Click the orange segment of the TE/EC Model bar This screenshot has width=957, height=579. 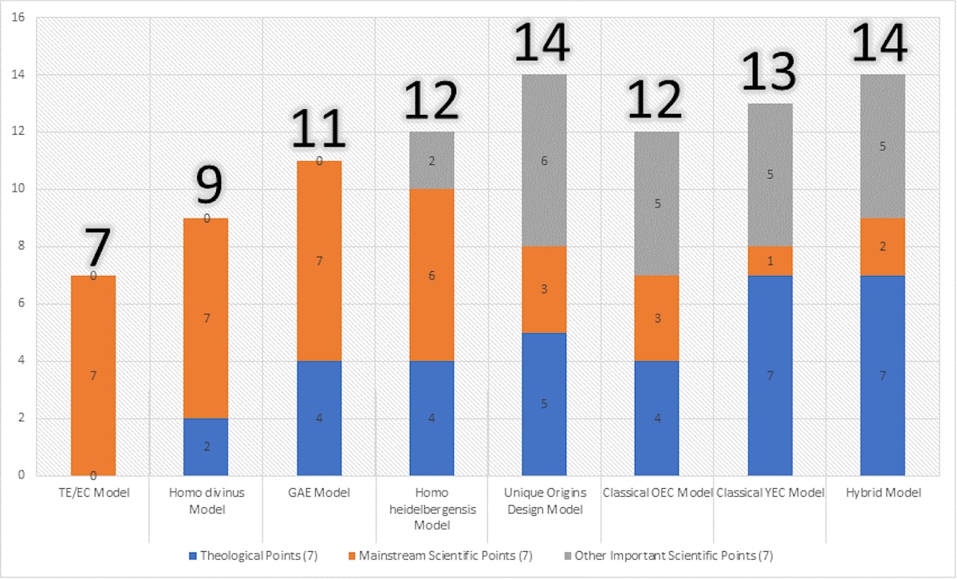click(x=93, y=375)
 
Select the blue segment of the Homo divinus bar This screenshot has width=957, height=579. click(x=206, y=447)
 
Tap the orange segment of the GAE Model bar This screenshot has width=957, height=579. click(x=319, y=261)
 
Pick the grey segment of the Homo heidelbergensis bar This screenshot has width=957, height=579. click(x=431, y=160)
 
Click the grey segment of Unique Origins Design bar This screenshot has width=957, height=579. click(x=544, y=160)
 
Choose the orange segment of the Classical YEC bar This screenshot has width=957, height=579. click(x=770, y=261)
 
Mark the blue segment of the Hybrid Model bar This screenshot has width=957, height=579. click(x=882, y=375)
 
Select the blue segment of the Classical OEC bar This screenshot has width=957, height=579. click(x=657, y=418)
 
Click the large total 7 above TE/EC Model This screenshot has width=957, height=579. click(x=96, y=247)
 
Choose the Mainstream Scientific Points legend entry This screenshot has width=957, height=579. click(x=439, y=555)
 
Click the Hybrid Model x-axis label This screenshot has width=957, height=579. click(x=882, y=493)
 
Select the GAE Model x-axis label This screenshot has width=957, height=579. click(x=319, y=493)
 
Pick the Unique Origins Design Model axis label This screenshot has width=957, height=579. click(x=544, y=501)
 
